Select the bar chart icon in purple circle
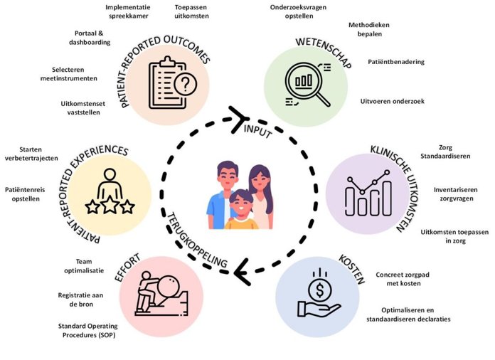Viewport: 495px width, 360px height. pyautogui.click(x=367, y=193)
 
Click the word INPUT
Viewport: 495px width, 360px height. pyautogui.click(x=257, y=130)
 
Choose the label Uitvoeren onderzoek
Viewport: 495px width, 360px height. pyautogui.click(x=392, y=101)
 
